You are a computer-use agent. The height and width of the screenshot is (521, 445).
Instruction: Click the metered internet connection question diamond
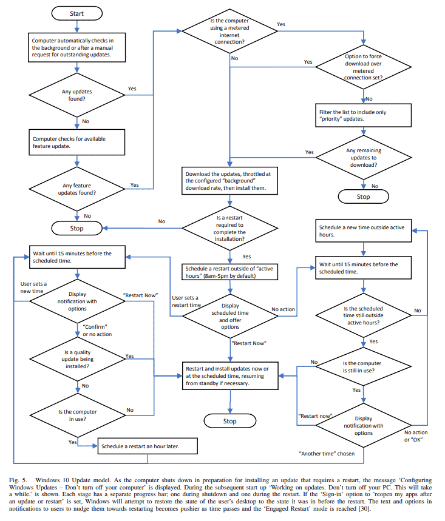[229, 33]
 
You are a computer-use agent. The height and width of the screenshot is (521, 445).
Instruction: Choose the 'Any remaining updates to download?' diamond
[363, 159]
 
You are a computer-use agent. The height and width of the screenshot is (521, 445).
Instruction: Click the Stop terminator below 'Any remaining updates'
[363, 197]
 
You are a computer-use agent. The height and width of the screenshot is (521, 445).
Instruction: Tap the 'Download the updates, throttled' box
[229, 181]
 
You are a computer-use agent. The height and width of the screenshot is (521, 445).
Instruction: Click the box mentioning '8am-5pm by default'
[229, 271]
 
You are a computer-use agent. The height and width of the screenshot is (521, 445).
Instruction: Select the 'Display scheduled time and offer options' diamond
[229, 315]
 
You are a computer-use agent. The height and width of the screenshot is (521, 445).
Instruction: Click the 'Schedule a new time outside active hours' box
[363, 230]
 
